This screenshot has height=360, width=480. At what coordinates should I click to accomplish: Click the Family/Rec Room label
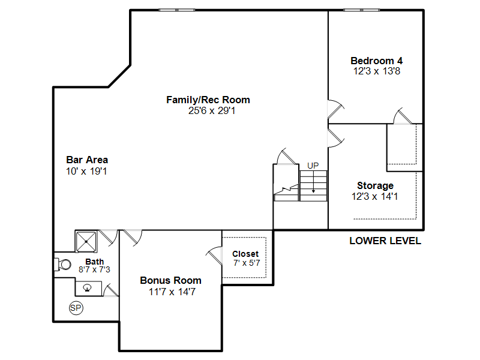[208, 100]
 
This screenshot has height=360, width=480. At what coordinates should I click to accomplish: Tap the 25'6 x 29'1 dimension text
[212, 110]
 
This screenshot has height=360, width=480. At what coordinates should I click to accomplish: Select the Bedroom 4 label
[377, 61]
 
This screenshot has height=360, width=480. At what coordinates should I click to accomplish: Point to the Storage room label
[376, 185]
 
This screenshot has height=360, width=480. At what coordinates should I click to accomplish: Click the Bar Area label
[87, 160]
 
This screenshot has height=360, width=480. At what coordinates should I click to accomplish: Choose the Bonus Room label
[171, 280]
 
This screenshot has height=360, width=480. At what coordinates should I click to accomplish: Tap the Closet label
[245, 254]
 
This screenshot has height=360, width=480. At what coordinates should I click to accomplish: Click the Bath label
[95, 262]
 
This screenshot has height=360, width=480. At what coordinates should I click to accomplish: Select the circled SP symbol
[76, 308]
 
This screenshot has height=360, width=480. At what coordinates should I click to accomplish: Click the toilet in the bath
[63, 265]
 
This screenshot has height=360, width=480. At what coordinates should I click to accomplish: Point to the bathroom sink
[88, 288]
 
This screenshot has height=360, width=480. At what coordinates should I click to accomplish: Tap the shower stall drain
[86, 242]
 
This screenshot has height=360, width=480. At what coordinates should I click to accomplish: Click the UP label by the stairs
[313, 166]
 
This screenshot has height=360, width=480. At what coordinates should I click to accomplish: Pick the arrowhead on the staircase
[313, 191]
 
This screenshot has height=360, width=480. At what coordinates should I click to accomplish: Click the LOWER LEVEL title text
[385, 241]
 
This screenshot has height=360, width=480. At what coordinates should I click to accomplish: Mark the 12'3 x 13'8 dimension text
[377, 71]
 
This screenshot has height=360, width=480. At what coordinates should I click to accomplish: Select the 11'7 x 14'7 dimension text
[172, 292]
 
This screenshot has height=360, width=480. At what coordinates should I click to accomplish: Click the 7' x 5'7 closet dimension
[247, 263]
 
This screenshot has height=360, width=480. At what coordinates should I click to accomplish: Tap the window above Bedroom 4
[362, 10]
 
